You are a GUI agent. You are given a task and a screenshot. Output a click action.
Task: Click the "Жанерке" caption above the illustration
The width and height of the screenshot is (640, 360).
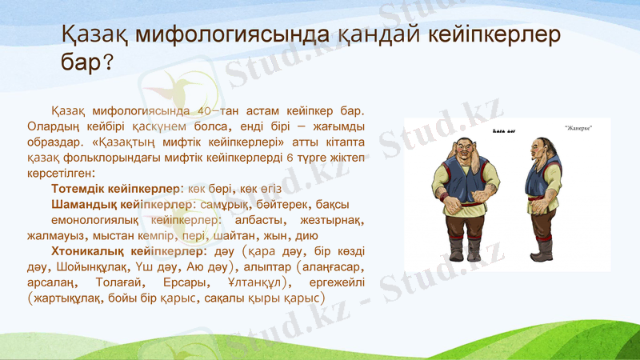578,128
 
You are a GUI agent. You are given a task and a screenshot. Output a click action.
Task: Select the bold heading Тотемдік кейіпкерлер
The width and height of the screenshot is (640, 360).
115,188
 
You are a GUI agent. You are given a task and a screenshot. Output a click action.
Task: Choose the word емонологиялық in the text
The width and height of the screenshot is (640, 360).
95,220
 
